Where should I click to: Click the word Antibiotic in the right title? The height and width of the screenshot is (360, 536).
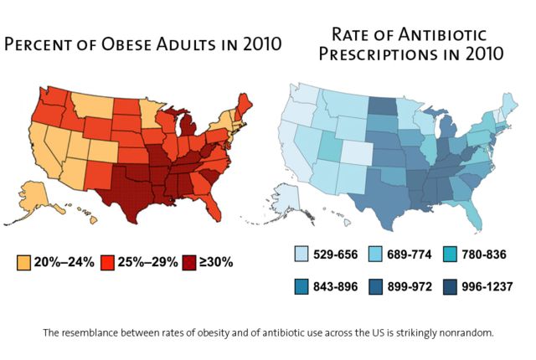tap(441, 34)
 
